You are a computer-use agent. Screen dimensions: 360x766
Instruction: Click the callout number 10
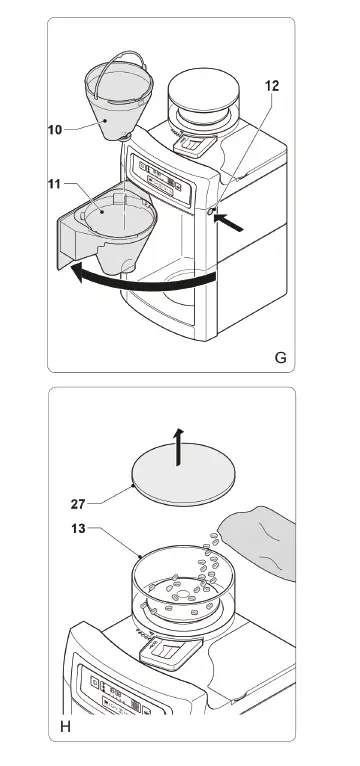(x=55, y=130)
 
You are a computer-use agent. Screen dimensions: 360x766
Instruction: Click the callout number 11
(x=54, y=184)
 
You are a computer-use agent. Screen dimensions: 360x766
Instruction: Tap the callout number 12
(x=272, y=86)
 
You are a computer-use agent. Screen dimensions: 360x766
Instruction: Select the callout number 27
(x=78, y=504)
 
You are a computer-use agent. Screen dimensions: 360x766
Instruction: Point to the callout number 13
(x=77, y=529)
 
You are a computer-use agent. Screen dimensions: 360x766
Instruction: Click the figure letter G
(x=280, y=358)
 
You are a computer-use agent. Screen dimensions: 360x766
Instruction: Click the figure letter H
(x=65, y=727)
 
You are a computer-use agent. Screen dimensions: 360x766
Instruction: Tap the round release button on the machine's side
(x=211, y=212)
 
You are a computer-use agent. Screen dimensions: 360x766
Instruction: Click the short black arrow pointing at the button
(x=229, y=222)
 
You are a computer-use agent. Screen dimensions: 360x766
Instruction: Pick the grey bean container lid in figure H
(x=184, y=474)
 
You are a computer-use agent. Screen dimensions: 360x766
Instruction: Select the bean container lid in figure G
(x=204, y=89)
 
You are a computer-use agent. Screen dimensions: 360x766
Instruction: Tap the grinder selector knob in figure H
(x=170, y=653)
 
